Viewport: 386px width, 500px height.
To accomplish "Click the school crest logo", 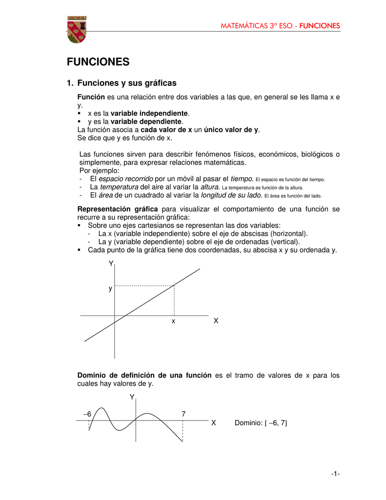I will pos(77,29).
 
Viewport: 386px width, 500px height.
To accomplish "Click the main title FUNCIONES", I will pos(98,62).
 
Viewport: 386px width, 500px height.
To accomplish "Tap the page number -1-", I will pos(335,474).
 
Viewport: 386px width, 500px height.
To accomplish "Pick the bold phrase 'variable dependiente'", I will pos(146,121).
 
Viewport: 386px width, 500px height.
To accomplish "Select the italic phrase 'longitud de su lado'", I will pos(232,195).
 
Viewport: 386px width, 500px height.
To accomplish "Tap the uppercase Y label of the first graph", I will pos(111,263).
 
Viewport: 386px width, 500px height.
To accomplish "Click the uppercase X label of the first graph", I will pos(216,321).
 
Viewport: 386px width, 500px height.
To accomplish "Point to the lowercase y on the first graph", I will pos(110,289).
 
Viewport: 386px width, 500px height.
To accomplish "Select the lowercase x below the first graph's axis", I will pos(173,322).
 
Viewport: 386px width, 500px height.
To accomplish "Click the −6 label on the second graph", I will pos(87,414).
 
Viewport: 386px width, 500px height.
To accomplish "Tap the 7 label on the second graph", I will pos(183,414).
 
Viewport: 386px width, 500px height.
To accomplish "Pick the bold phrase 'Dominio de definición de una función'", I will pos(144,375).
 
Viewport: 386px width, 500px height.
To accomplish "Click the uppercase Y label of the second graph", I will pos(132,397).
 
